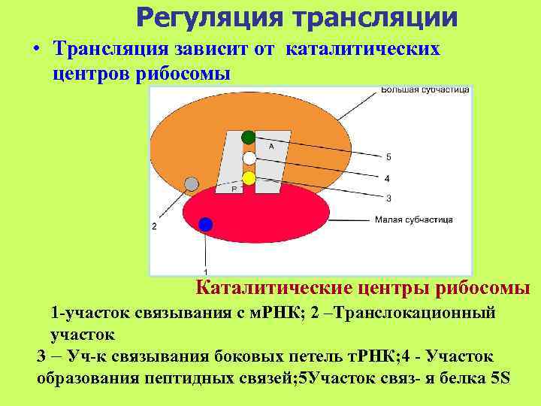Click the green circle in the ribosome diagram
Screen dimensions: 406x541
coord(249,138)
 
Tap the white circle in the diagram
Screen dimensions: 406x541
coord(249,158)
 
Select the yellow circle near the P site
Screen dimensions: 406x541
coord(249,178)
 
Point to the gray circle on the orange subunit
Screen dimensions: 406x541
coord(192,183)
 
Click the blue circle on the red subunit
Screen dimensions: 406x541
coord(206,224)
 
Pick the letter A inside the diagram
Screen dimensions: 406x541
coord(270,147)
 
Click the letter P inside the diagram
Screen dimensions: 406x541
coord(234,189)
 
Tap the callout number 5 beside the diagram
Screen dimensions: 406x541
coord(388,158)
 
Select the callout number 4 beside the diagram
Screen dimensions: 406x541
coord(387,179)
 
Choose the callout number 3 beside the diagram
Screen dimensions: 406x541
coord(388,198)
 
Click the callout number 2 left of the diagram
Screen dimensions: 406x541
coord(154,226)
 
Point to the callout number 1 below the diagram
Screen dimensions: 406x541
coord(206,271)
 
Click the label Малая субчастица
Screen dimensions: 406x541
coord(413,220)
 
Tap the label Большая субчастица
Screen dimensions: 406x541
coord(425,89)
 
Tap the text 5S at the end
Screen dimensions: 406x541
coord(500,377)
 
